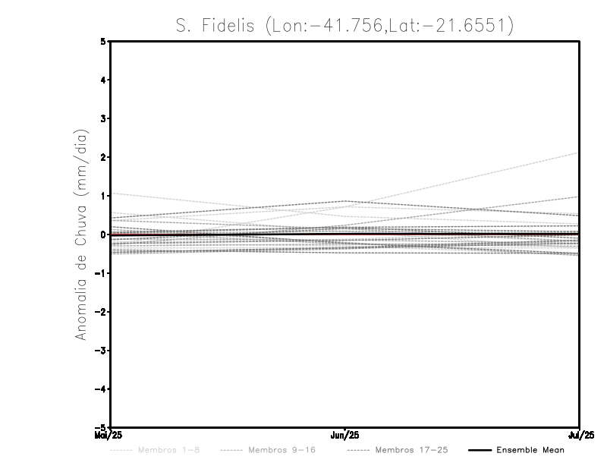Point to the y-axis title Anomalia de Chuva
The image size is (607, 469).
coord(81,234)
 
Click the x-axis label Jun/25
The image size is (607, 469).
coord(345,436)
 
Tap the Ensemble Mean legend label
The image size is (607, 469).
coord(530,450)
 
